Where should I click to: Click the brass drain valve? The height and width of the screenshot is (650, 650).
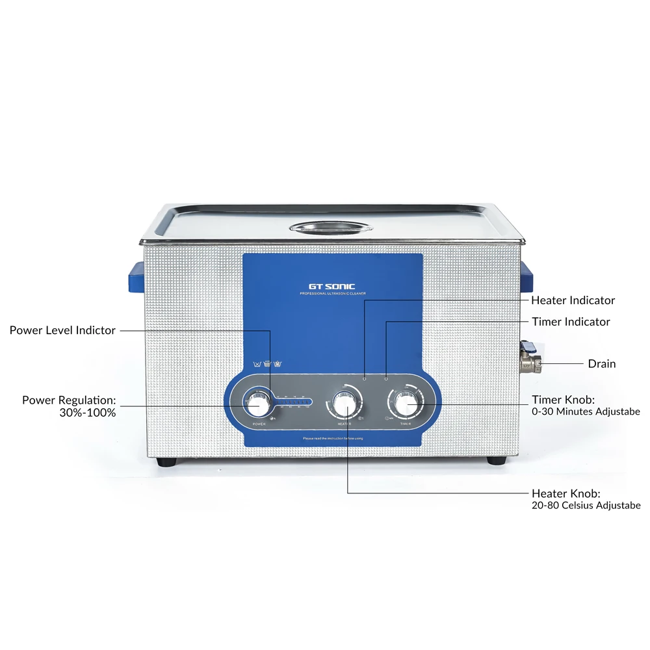click(x=530, y=361)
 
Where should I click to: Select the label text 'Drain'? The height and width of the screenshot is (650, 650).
click(x=601, y=363)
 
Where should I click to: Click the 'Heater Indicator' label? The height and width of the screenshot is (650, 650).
click(x=573, y=300)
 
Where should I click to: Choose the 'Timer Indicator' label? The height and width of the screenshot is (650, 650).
click(x=571, y=322)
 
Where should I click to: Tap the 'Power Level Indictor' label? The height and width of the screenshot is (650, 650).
click(x=62, y=330)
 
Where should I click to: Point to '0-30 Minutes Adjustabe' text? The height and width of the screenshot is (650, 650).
click(x=586, y=411)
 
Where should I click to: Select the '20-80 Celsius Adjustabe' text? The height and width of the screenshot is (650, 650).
click(x=586, y=505)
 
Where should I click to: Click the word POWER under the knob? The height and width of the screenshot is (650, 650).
click(x=259, y=424)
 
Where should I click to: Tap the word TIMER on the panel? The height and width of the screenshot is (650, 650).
click(x=406, y=424)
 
